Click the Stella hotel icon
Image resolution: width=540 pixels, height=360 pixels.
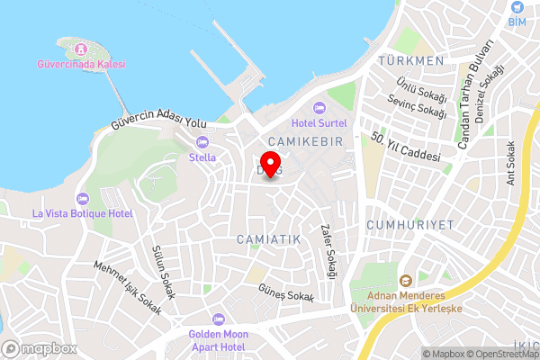click(202, 141)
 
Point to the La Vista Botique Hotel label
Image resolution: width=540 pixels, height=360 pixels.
click(82, 213)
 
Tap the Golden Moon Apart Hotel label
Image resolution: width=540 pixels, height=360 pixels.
click(217, 340)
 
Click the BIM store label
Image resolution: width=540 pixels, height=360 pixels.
click(517, 21)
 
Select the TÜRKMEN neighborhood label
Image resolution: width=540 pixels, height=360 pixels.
click(412, 60)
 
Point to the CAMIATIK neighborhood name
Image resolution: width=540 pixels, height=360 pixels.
click(268, 238)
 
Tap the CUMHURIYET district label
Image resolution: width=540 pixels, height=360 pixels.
click(410, 223)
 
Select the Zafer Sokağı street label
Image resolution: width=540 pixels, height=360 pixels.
click(328, 250)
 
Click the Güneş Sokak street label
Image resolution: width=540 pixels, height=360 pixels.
click(286, 296)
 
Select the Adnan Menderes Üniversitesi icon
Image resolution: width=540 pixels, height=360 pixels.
click(405, 281)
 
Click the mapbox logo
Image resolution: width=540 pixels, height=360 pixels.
click(40, 348)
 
